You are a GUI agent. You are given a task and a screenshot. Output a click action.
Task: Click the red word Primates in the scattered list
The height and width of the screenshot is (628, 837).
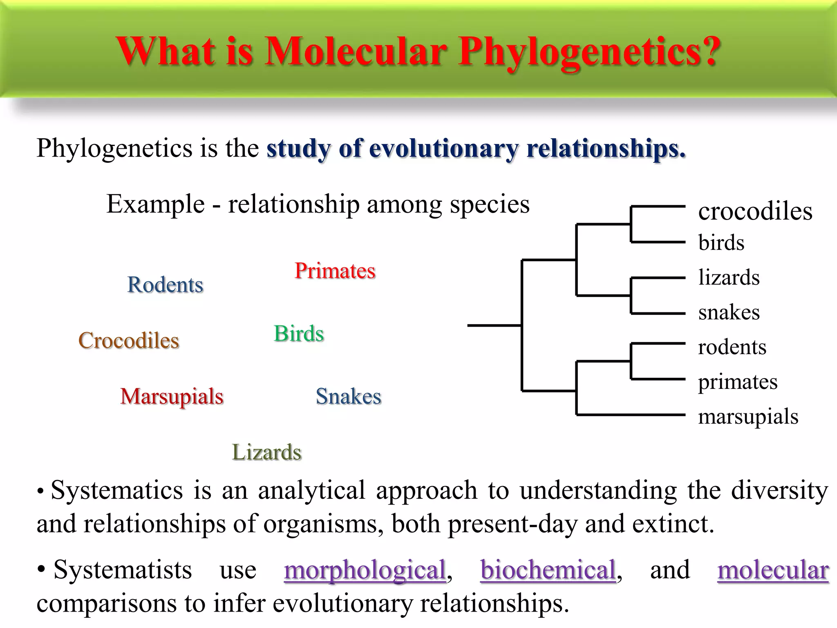click(x=335, y=271)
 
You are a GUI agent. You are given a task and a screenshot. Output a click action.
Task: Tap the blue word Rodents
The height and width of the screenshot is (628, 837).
click(x=165, y=285)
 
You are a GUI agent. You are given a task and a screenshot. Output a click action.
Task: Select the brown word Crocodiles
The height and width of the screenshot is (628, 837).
click(x=129, y=341)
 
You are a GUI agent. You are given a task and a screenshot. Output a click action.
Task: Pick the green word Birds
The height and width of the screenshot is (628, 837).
click(x=299, y=334)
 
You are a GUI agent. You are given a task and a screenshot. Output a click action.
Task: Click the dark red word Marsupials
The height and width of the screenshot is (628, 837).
click(x=172, y=397)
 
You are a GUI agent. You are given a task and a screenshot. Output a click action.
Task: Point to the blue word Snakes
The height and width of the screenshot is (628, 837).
click(x=348, y=396)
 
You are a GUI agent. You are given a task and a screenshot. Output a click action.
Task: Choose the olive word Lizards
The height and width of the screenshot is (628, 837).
click(x=266, y=452)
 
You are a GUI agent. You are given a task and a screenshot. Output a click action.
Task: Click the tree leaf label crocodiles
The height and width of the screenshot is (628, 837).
click(x=755, y=212)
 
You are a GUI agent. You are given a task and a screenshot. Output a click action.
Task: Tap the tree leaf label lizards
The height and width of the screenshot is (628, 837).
click(x=729, y=278)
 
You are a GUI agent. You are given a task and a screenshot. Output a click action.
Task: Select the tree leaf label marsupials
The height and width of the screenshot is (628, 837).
click(x=748, y=417)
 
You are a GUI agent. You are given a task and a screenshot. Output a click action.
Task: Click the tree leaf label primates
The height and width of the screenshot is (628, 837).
click(x=737, y=382)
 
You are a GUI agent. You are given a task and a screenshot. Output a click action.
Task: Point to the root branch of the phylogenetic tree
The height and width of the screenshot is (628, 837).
click(x=494, y=325)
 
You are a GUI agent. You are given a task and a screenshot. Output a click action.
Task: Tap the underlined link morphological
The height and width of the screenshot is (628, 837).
click(x=365, y=570)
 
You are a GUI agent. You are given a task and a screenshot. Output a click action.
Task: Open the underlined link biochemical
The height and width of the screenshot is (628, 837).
click(x=548, y=570)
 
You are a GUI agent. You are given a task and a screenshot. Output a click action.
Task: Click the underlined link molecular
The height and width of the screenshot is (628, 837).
click(x=773, y=570)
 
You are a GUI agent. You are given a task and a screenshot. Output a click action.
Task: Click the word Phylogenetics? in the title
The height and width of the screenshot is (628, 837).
click(x=589, y=52)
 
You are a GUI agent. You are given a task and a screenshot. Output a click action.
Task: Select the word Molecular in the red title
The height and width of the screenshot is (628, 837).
click(x=355, y=52)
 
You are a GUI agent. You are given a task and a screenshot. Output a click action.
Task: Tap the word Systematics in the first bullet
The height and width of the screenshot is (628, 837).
click(x=116, y=490)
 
